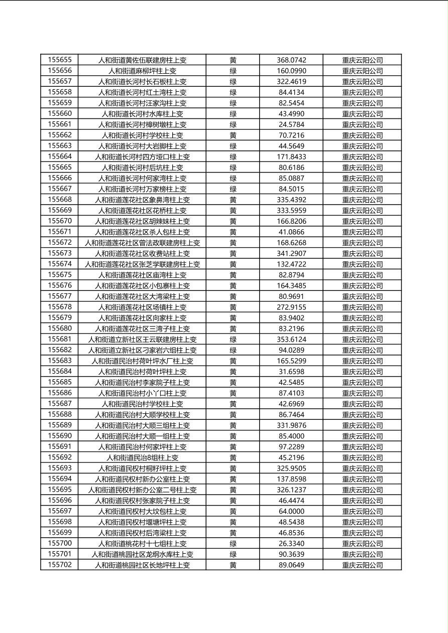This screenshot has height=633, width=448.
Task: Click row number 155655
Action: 60,60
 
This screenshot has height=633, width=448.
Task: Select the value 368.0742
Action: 291,60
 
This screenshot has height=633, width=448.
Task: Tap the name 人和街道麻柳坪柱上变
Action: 142,71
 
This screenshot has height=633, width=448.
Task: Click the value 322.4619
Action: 291,81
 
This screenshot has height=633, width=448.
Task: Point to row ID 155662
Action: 60,135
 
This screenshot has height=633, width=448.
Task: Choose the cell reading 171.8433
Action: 291,156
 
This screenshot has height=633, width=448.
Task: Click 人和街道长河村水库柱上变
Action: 142,114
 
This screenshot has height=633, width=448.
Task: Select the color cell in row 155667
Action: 233,189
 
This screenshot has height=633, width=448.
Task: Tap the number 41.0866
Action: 291,232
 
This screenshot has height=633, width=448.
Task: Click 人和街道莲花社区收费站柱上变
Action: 142,253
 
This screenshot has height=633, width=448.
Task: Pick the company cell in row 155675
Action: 362,275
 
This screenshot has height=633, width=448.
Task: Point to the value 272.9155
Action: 291,307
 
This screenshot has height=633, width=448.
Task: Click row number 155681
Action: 60,339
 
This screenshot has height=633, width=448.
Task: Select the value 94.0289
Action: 291,350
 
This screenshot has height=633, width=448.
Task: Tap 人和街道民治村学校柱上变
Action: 142,404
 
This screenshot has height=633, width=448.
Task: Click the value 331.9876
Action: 291,425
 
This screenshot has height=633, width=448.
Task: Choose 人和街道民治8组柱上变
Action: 142,457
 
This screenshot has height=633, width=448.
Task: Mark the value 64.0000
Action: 291,511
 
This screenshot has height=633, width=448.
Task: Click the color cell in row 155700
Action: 233,543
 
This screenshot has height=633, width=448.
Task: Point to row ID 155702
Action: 60,565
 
